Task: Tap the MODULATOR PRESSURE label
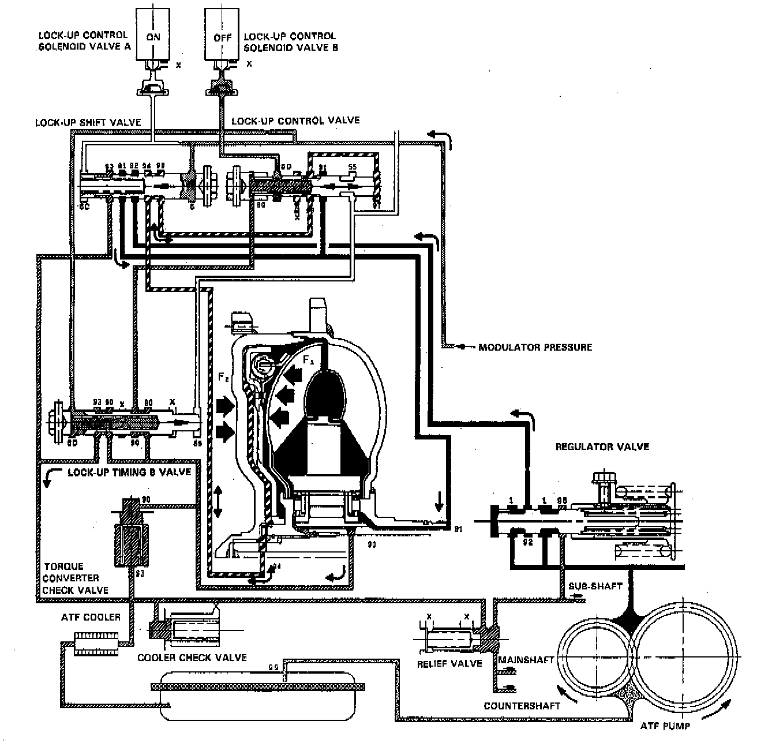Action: click(x=535, y=347)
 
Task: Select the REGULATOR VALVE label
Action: click(x=602, y=446)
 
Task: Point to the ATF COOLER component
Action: click(x=96, y=642)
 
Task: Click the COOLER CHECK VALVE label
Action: click(x=192, y=657)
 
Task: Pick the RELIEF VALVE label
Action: click(x=449, y=663)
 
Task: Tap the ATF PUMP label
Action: click(x=665, y=727)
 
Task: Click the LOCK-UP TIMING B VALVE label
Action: click(x=129, y=471)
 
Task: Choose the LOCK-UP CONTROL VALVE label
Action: click(x=295, y=121)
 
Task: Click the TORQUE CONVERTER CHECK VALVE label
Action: click(x=74, y=578)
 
